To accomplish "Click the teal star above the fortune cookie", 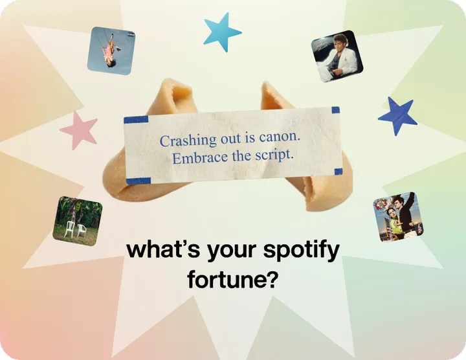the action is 222,32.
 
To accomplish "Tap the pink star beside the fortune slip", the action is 79,131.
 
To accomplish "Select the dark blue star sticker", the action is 398,117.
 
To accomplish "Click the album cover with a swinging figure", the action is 111,51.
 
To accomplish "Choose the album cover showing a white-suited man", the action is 337,56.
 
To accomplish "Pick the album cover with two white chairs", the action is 78,221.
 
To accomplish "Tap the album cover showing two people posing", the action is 399,217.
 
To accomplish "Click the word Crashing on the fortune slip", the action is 188,140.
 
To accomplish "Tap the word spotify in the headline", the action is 302,251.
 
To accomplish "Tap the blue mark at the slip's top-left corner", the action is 136,120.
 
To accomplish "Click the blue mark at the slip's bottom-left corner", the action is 139,181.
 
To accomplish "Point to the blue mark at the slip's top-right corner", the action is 335,110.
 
